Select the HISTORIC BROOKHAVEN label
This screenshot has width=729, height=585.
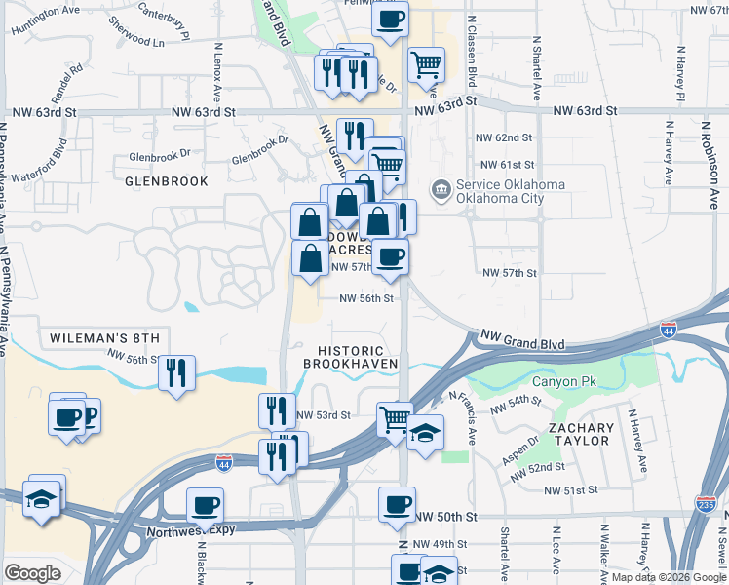351,356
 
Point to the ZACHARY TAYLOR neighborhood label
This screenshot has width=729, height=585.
581,434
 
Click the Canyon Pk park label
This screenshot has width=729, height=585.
563,379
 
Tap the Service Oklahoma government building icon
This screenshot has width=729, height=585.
441,186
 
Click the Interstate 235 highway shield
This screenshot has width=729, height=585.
707,503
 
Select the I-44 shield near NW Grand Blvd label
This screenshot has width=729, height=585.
669,330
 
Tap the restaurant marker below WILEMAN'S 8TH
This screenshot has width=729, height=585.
176,372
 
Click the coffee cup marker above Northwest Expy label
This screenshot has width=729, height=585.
206,505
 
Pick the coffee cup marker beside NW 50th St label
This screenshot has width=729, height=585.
397,504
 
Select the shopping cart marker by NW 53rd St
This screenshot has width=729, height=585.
395,420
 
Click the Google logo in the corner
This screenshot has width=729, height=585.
33,572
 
